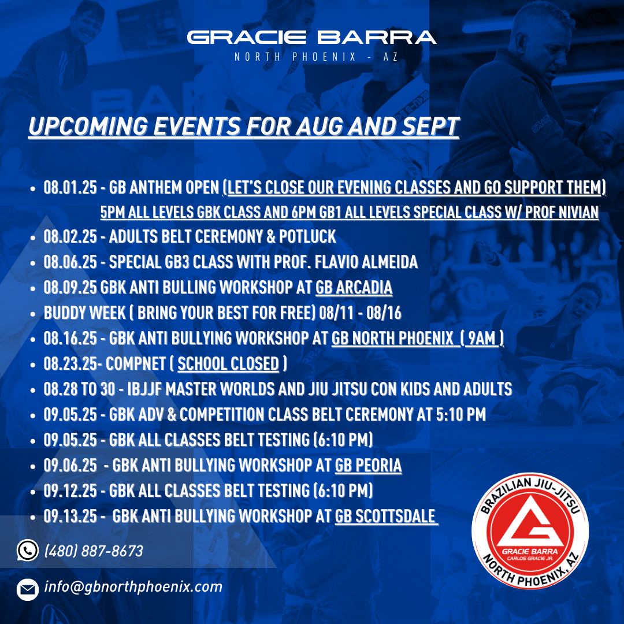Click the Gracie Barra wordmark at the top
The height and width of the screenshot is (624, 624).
[x=311, y=38]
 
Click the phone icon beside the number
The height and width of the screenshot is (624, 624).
[x=28, y=551]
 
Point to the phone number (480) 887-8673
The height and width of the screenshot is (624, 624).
[x=94, y=551]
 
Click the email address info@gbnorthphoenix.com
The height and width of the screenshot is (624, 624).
[x=133, y=586]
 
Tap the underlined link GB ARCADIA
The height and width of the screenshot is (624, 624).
[x=354, y=287]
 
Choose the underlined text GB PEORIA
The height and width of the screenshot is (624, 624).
[x=368, y=465]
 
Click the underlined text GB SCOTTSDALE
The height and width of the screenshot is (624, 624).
[x=385, y=516]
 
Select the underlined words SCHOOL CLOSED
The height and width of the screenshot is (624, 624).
[x=228, y=364]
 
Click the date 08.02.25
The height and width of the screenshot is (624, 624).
[x=70, y=237]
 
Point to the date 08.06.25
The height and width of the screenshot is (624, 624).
[x=70, y=262]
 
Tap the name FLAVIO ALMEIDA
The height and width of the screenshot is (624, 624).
[x=366, y=262]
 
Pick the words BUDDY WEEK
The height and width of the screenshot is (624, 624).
[x=84, y=313]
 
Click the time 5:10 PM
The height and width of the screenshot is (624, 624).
[x=461, y=415]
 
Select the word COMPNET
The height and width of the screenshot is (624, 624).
[x=136, y=364]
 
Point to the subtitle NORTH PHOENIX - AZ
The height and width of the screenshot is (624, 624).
[x=316, y=57]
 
